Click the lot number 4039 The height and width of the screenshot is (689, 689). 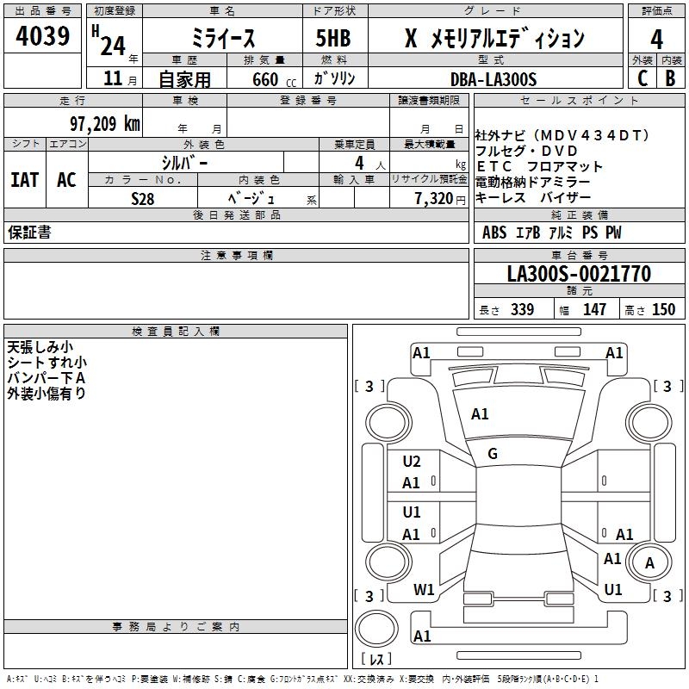tap(43, 38)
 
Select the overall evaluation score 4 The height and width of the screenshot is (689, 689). tap(656, 39)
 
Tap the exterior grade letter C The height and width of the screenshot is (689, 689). tap(642, 78)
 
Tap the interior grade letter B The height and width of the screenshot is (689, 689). tap(670, 78)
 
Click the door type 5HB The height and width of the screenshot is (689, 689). tap(333, 39)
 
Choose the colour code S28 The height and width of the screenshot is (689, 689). tap(142, 198)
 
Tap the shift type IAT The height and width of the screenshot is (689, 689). tap(25, 180)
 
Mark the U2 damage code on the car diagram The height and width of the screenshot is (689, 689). tap(412, 462)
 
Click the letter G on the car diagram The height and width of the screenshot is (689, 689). tap(493, 454)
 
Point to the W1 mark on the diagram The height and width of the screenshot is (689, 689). tap(424, 590)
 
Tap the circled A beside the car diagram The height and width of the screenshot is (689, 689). tap(649, 563)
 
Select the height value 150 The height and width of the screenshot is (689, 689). tap(663, 310)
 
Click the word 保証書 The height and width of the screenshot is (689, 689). tap(29, 233)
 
